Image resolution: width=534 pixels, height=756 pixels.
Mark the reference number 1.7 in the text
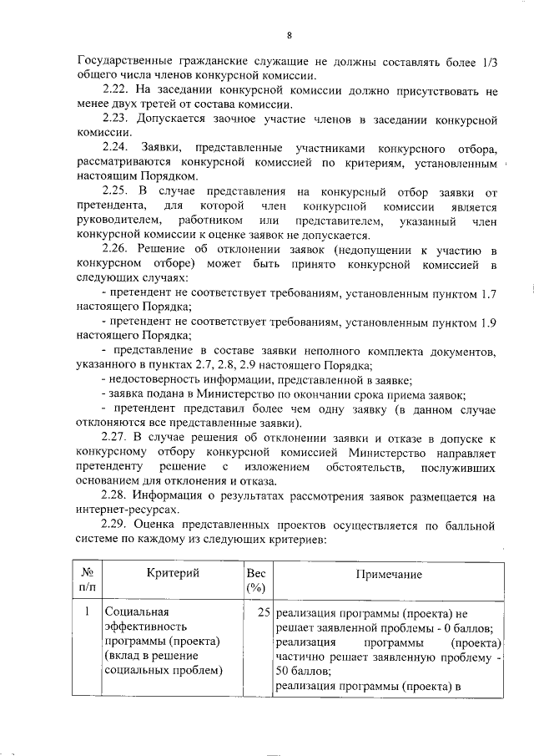click(x=490, y=294)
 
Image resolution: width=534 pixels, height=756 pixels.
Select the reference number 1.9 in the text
click(x=490, y=322)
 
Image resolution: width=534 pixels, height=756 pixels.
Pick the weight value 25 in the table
click(x=263, y=612)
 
